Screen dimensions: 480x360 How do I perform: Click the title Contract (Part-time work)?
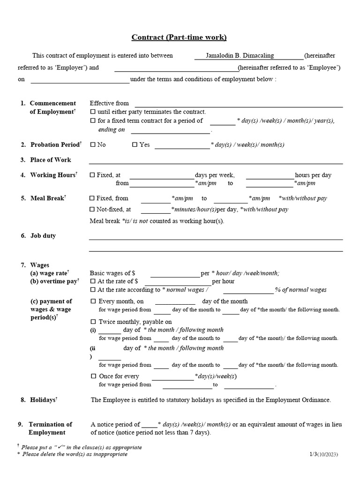[179, 37]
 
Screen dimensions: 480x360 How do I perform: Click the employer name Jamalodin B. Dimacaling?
[240, 55]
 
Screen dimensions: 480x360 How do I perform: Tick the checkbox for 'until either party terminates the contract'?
[92, 112]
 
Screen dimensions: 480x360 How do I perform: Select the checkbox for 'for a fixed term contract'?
[92, 121]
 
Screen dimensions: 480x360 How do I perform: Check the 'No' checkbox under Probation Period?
[92, 145]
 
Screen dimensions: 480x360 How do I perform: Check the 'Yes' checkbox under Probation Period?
[135, 145]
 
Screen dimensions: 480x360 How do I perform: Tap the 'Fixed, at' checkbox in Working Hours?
[92, 175]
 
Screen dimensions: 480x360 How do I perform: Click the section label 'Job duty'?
[43, 236]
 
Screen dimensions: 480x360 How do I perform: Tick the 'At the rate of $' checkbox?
[92, 282]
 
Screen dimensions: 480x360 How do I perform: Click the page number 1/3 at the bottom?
[313, 454]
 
